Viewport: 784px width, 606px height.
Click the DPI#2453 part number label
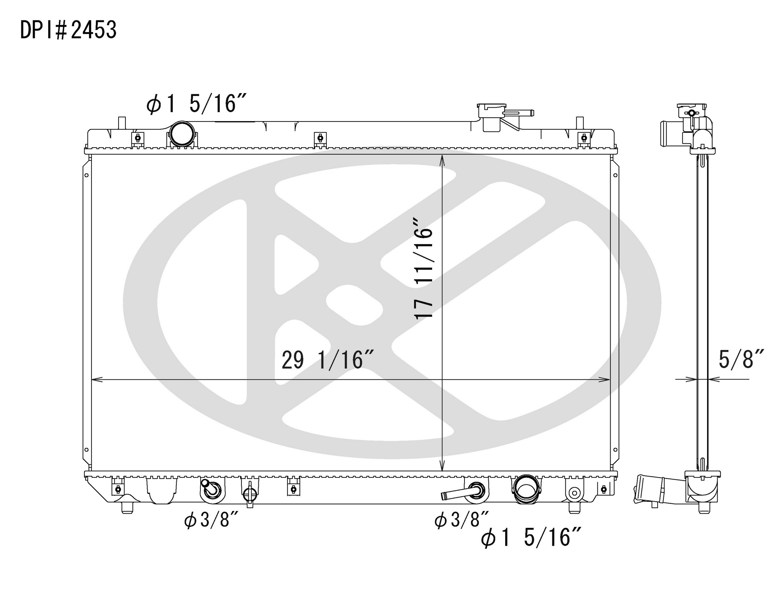coord(68,30)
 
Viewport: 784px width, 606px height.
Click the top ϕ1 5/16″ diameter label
coord(196,104)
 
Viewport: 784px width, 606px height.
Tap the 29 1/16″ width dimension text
coord(328,360)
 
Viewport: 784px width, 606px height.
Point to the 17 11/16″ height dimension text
coord(424,267)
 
